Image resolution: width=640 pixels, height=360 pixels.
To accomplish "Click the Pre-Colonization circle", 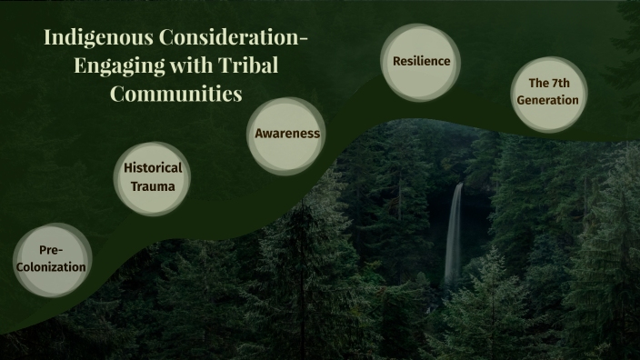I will pos(51,260).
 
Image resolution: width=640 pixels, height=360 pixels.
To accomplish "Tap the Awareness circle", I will pos(287,134).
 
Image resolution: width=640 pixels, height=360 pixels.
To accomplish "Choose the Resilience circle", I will pos(421,62).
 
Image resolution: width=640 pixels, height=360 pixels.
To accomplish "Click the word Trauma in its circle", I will pos(153,186).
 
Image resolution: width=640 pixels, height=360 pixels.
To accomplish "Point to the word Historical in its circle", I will pos(153,168).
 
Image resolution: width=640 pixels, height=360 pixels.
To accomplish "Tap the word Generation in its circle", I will pos(547,101).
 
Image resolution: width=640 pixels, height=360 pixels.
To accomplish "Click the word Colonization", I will pos(51,267).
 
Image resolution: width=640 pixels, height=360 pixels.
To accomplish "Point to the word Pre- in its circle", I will pos(51,251).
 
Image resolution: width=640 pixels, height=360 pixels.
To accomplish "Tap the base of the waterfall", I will pos(450,280).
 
